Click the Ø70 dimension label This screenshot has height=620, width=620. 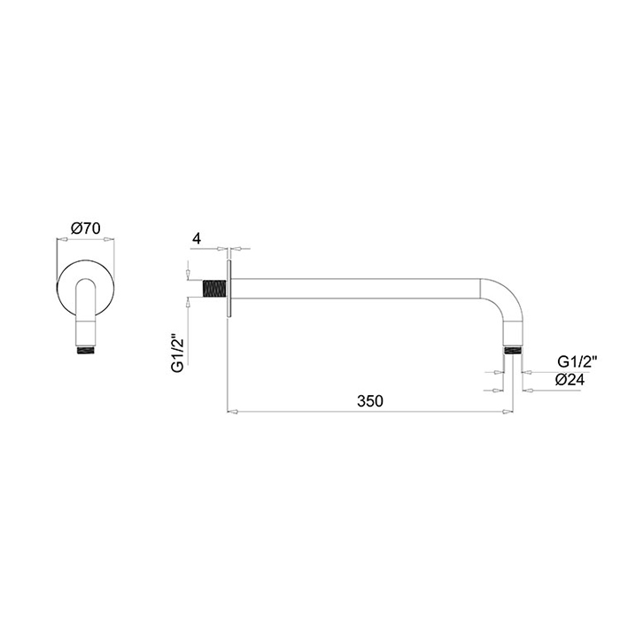[x=85, y=229]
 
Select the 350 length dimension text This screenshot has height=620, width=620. [x=370, y=401]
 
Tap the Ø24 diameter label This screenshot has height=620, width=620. [x=570, y=380]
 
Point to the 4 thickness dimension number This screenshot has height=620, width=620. [x=197, y=238]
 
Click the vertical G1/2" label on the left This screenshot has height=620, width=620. [x=178, y=354]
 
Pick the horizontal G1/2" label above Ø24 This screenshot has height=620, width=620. [x=577, y=361]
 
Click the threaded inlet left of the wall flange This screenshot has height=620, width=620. [x=214, y=289]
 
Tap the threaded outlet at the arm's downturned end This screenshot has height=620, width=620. [x=513, y=351]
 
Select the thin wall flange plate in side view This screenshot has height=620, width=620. [x=229, y=288]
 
